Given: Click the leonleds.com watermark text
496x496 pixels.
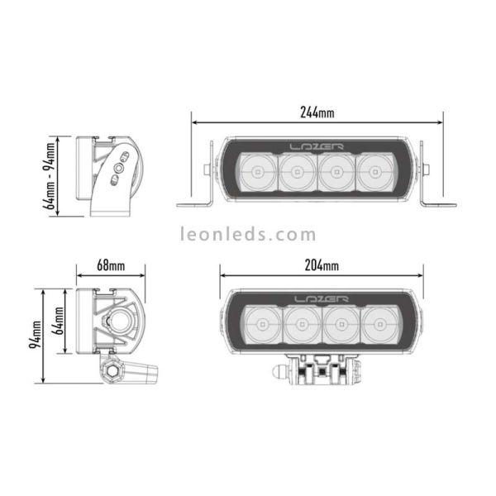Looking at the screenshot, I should (x=248, y=235).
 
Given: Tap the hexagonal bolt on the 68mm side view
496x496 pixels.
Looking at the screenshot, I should (x=110, y=372).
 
